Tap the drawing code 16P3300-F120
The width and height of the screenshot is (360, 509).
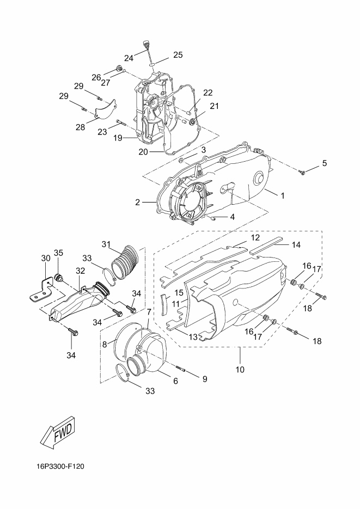click(x=60, y=467)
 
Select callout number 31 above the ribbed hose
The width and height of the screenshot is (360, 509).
click(x=106, y=244)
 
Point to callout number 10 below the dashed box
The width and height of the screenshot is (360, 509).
click(x=240, y=370)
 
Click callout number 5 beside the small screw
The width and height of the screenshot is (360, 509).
click(x=324, y=163)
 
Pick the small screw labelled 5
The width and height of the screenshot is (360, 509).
click(x=302, y=173)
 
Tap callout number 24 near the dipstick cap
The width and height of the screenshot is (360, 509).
click(x=129, y=58)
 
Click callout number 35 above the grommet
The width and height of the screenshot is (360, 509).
click(x=58, y=253)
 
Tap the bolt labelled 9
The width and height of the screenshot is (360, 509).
click(x=180, y=369)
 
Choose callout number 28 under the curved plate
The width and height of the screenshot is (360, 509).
click(x=80, y=127)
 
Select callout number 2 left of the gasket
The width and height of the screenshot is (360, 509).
click(x=138, y=202)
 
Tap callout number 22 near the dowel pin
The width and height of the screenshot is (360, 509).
click(x=208, y=93)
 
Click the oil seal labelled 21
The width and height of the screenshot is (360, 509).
click(x=192, y=122)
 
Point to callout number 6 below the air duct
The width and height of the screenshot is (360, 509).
click(x=175, y=381)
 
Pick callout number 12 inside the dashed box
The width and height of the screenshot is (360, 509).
click(x=255, y=237)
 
